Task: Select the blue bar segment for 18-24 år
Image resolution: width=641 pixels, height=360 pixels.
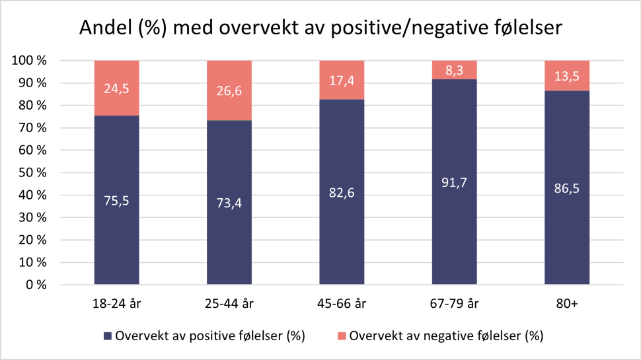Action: (117, 231)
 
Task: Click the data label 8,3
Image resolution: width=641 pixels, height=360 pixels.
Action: (454, 69)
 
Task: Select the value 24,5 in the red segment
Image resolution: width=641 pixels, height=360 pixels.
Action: (117, 87)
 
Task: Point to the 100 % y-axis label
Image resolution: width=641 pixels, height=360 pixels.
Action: (30, 61)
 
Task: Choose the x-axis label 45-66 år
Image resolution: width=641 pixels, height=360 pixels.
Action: (342, 304)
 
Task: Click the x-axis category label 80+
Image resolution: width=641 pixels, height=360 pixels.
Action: (566, 304)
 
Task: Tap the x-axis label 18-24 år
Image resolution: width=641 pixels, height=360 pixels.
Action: (117, 304)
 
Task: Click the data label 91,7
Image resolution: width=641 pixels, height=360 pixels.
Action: (454, 182)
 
